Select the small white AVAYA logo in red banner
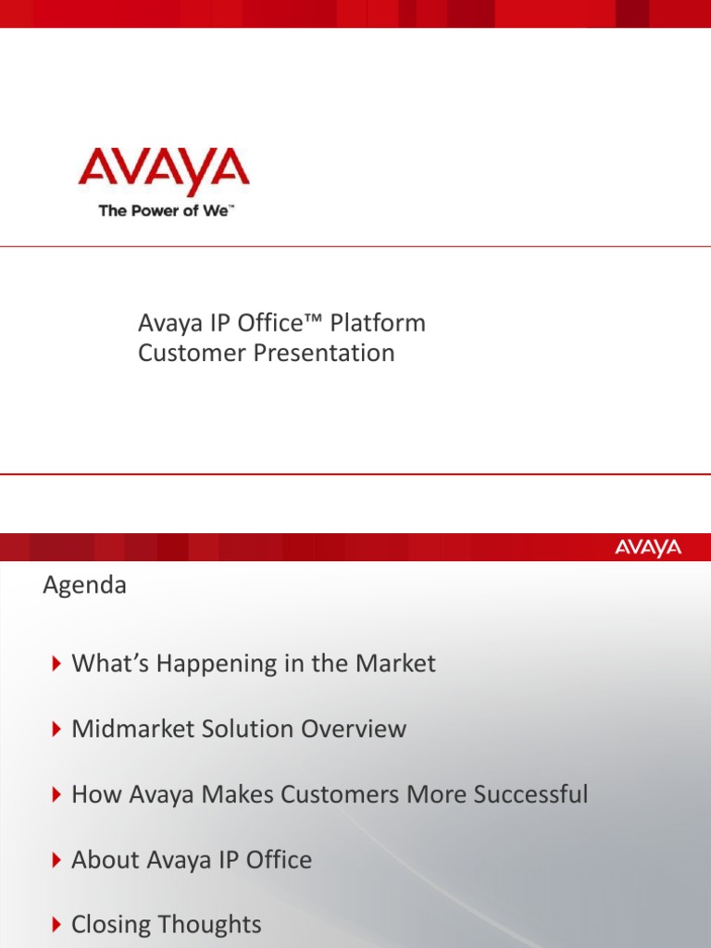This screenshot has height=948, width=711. click(648, 548)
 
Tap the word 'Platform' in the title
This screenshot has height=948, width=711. click(377, 323)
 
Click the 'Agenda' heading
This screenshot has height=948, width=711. click(85, 586)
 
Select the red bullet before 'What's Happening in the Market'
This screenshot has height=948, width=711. click(57, 663)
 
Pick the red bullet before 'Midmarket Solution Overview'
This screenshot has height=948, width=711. click(57, 729)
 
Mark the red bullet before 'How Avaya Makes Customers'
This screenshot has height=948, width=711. click(57, 794)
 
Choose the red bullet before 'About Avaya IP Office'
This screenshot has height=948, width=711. click(57, 860)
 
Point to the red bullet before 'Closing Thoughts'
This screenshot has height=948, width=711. click(57, 925)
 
